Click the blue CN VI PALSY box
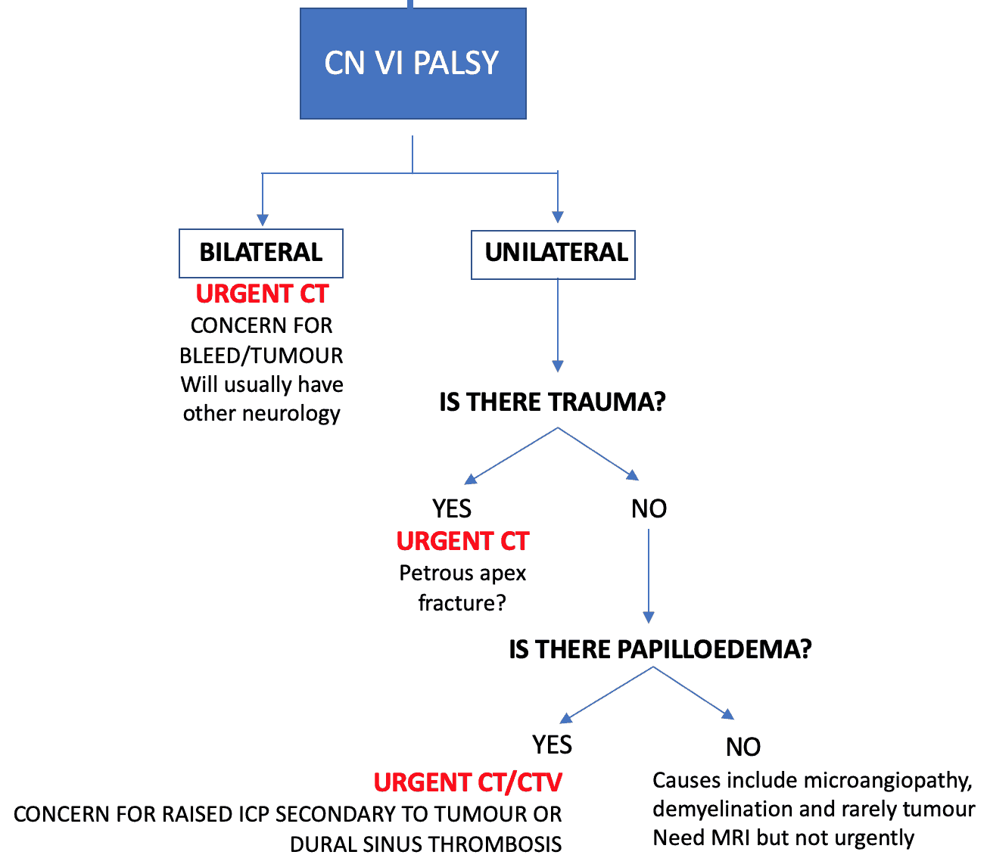[x=412, y=64]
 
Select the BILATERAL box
[x=261, y=253]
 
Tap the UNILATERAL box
[x=553, y=253]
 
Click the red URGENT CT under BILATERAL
[x=262, y=294]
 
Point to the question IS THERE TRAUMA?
[x=552, y=402]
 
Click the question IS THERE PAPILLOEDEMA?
[x=660, y=649]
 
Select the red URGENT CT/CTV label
[x=468, y=782]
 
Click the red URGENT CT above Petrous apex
[x=462, y=541]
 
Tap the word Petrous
[x=431, y=573]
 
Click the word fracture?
[x=462, y=603]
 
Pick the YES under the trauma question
[x=451, y=508]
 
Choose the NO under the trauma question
[x=649, y=508]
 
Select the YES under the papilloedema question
[x=552, y=745]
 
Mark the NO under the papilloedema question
[x=742, y=748]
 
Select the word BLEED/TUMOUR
[x=261, y=355]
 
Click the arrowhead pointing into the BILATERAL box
[x=262, y=220]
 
